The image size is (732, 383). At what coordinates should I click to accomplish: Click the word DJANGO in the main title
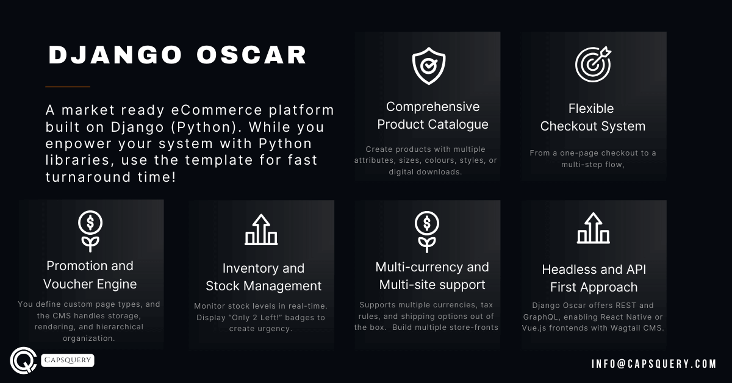click(115, 55)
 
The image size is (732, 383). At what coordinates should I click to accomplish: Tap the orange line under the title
click(68, 87)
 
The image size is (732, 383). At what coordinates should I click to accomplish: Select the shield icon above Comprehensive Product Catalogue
click(429, 66)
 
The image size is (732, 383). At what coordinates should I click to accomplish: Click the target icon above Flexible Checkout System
click(593, 64)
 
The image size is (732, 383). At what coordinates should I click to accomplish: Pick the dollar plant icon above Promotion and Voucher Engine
click(90, 231)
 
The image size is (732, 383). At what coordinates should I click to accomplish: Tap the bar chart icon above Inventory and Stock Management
click(261, 230)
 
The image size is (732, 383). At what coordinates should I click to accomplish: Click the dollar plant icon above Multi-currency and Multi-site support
click(427, 231)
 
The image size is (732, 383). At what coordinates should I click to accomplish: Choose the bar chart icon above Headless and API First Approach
click(592, 229)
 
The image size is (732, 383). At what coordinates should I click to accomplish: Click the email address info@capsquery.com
click(653, 363)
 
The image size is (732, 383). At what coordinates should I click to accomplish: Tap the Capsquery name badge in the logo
click(68, 360)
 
